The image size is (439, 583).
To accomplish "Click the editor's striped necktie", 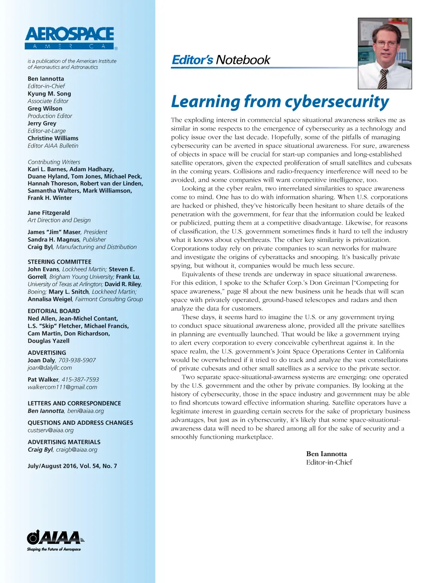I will (383, 78).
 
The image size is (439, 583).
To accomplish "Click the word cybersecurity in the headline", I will (337, 102).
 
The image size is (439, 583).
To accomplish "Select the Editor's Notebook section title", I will (221, 60).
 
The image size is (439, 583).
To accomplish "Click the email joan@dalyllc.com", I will (50, 368).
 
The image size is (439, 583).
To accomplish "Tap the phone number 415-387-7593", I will (80, 380).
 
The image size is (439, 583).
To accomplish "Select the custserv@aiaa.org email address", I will (51, 430).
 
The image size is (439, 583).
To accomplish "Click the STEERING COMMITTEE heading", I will (60, 262).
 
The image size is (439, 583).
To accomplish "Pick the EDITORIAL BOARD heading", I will (54, 311).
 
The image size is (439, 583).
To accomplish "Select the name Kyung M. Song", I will (49, 94).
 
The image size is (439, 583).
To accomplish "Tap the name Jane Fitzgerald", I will (49, 213).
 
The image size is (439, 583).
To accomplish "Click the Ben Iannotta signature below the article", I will (326, 454).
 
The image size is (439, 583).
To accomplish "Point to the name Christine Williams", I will (53, 138).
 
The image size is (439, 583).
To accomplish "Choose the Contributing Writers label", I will (54, 162).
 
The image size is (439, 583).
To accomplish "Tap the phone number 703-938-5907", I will (77, 360).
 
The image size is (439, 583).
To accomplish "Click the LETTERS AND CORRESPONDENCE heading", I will (75, 403).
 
